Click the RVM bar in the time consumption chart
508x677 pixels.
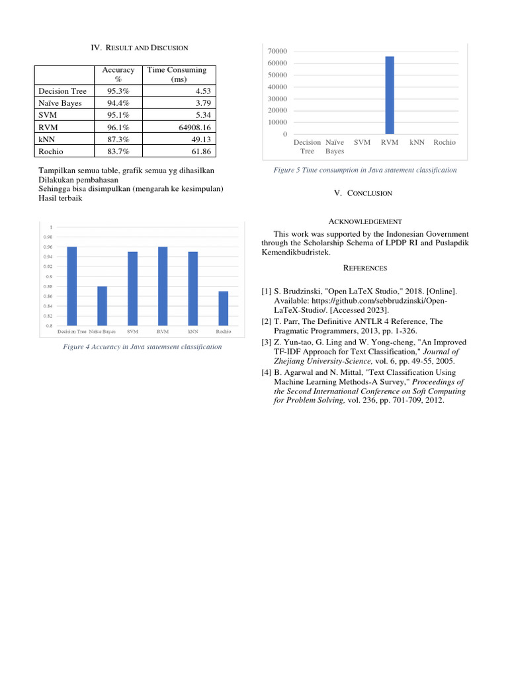(390, 95)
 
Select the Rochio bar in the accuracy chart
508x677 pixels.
(224, 308)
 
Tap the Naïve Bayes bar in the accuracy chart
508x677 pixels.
(102, 305)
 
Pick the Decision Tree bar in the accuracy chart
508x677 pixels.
(71, 286)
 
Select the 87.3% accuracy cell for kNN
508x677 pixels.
(118, 139)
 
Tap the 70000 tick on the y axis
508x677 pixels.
(277, 52)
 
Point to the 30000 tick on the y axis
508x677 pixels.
(277, 99)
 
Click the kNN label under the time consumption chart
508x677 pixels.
(416, 142)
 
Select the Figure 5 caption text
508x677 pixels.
(365, 170)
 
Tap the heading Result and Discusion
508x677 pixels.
(139, 48)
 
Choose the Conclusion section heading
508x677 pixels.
(363, 193)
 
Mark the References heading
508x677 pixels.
(364, 268)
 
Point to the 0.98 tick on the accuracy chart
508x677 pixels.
(48, 237)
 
